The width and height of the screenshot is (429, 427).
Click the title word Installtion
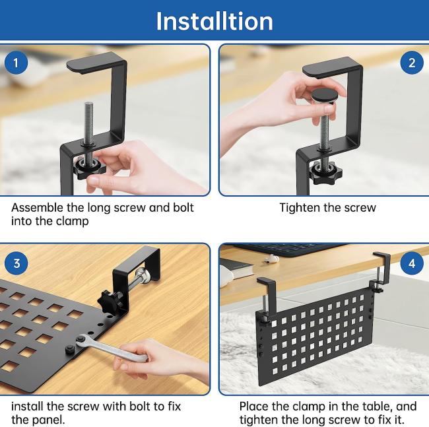click(x=214, y=21)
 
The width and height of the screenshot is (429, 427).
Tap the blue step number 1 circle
click(x=16, y=63)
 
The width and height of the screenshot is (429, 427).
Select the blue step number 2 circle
click(x=412, y=63)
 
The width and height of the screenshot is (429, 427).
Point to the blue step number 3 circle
click(x=16, y=263)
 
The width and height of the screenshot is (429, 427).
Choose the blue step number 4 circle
click(x=412, y=263)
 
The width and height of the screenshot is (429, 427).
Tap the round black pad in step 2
click(x=325, y=95)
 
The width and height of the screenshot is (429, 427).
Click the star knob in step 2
click(x=326, y=172)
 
